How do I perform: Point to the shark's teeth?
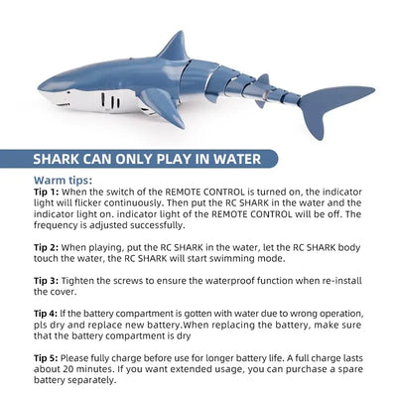[x=63, y=105]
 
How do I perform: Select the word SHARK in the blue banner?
[x=57, y=159]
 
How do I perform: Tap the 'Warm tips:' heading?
[x=63, y=181]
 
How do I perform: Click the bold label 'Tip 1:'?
[x=47, y=192]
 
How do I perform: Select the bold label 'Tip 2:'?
[x=47, y=247]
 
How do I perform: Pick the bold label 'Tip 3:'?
[x=47, y=281]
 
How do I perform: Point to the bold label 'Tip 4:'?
[x=46, y=314]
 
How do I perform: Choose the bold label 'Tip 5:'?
[x=46, y=358]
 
